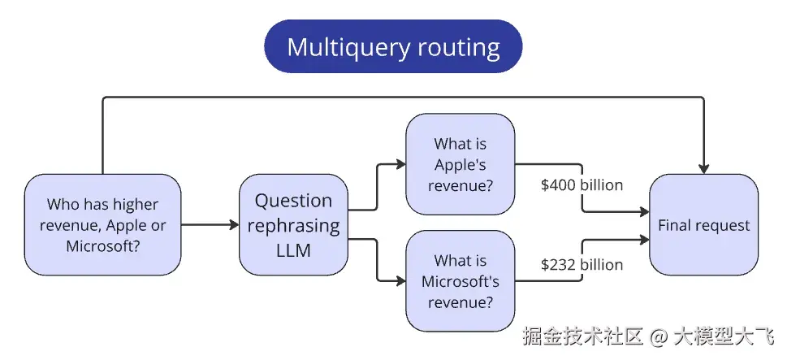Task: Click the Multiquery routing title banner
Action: [x=393, y=46]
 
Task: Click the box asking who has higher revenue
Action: [x=102, y=224]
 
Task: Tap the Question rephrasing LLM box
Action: [x=294, y=224]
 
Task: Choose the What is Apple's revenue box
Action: [x=461, y=165]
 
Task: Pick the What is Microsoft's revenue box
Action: [x=461, y=281]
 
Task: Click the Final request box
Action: [x=703, y=225]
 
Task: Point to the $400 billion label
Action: [x=582, y=185]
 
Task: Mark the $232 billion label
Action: [x=582, y=265]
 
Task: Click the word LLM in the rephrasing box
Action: [x=294, y=250]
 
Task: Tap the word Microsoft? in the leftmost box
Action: [x=102, y=245]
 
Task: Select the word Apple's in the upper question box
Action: [x=461, y=165]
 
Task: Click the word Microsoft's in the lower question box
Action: [x=461, y=281]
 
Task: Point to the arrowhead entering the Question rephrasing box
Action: [x=234, y=224]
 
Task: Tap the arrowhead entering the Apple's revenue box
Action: [x=400, y=165]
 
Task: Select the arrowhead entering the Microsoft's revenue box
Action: [x=400, y=281]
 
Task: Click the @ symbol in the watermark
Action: [x=659, y=335]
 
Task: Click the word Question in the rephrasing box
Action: [x=294, y=201]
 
